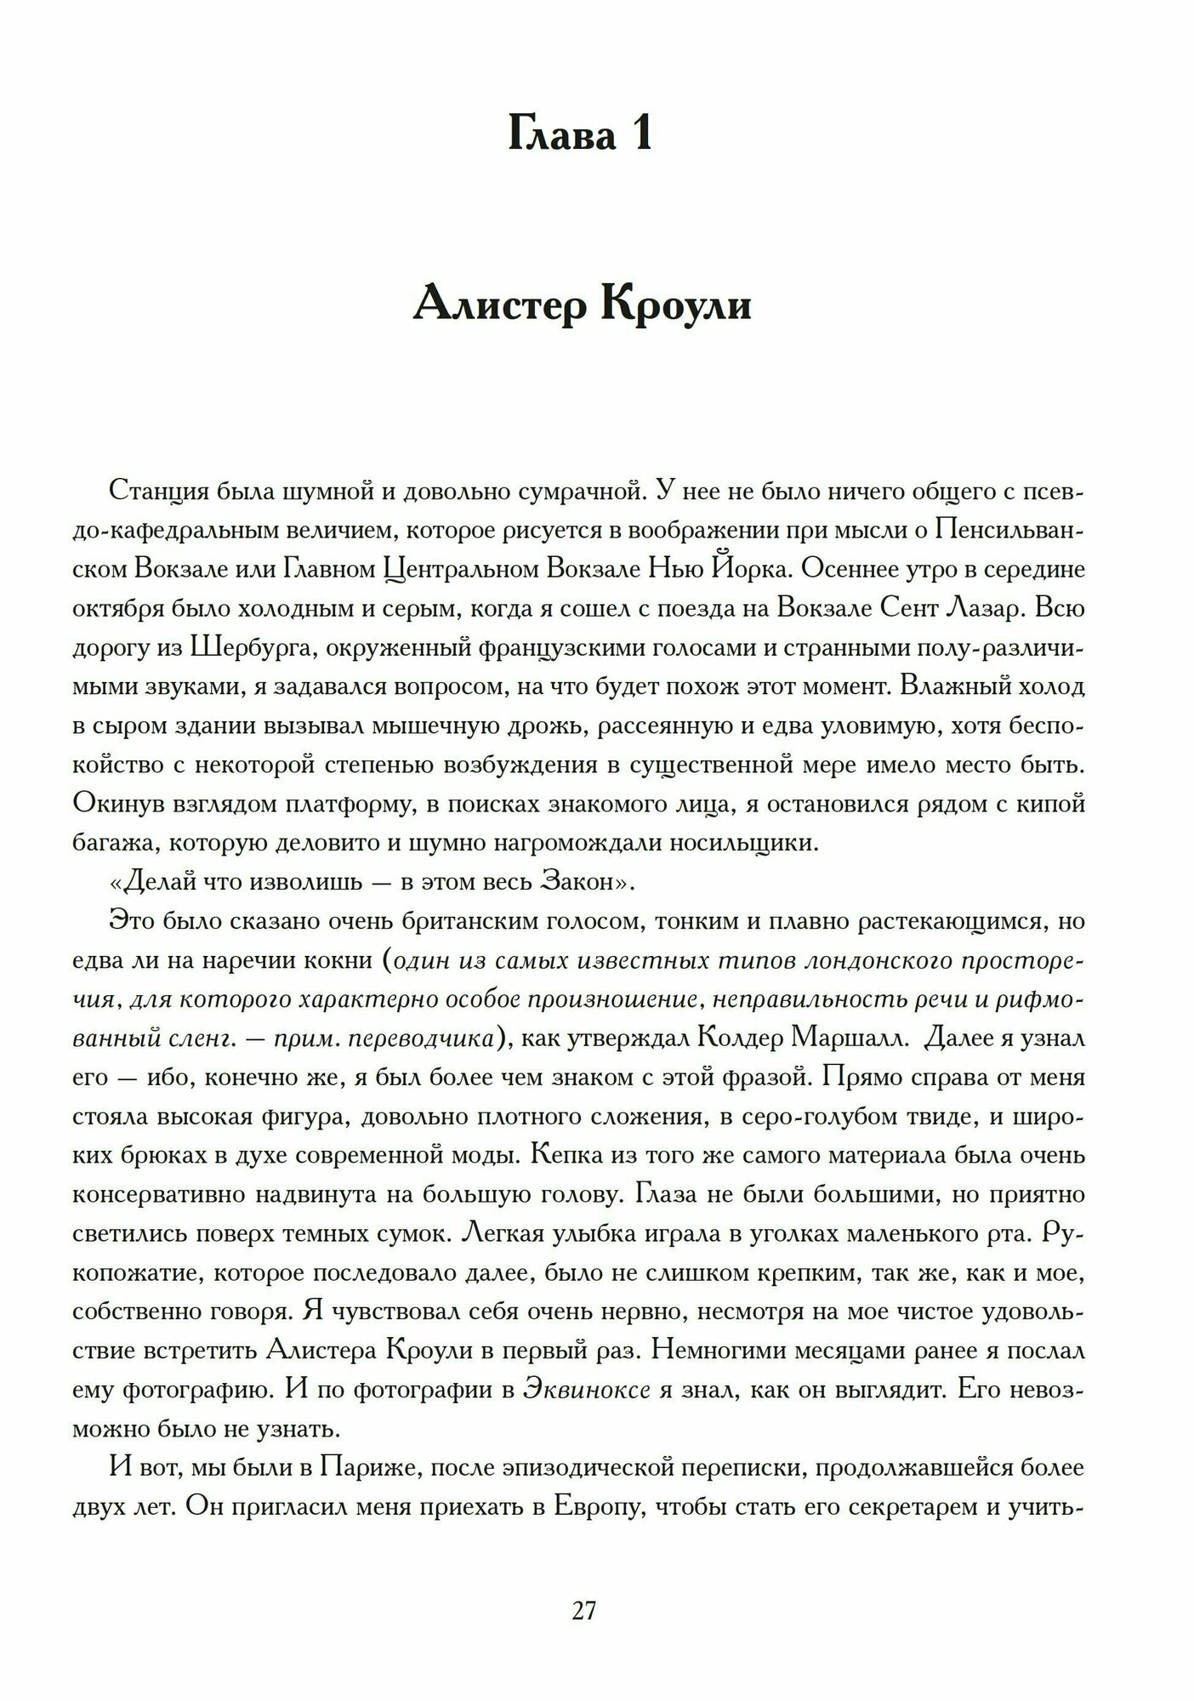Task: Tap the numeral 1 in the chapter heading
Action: pyautogui.click(x=639, y=134)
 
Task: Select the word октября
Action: pyautogui.click(x=117, y=608)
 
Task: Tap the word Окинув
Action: pyautogui.click(x=117, y=804)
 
